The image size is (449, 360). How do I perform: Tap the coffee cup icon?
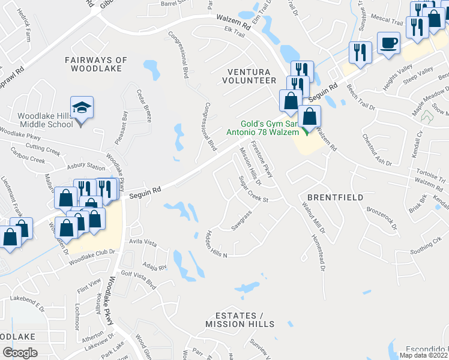(388, 43)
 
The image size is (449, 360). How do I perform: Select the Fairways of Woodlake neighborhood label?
(97, 64)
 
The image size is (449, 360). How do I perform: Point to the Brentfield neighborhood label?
(328, 196)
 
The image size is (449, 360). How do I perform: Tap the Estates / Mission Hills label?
(240, 320)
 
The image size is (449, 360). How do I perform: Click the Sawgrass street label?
(241, 220)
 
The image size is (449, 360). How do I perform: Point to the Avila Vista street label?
(143, 243)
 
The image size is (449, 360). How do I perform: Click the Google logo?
(20, 353)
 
